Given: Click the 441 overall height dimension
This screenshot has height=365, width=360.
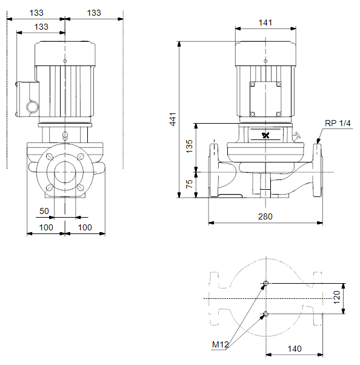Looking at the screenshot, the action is (173, 119).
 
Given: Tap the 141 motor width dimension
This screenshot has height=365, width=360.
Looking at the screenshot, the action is (265, 22).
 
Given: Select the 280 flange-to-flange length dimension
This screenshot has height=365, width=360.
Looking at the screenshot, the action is (265, 216).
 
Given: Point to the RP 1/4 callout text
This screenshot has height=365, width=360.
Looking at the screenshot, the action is (338, 123).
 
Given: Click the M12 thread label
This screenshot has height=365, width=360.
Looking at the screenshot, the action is (220, 344).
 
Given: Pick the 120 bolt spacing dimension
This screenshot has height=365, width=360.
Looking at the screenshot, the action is (337, 297).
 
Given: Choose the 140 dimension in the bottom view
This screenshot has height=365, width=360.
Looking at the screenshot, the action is (295, 349).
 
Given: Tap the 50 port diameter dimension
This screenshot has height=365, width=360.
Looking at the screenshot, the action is (44, 211).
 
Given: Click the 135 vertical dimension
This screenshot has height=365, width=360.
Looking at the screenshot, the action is (190, 146).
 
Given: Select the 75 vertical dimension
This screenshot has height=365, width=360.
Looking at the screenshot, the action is (190, 184).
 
